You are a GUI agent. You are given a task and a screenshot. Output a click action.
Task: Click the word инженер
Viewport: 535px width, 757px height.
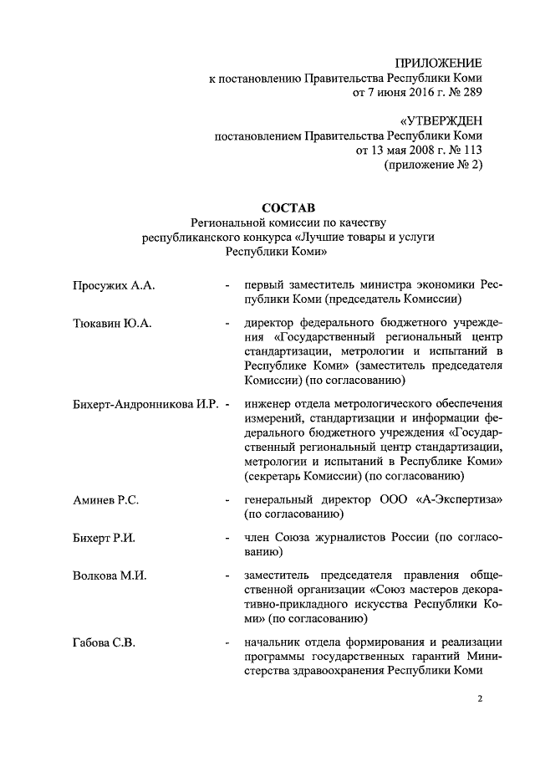coord(265,404)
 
